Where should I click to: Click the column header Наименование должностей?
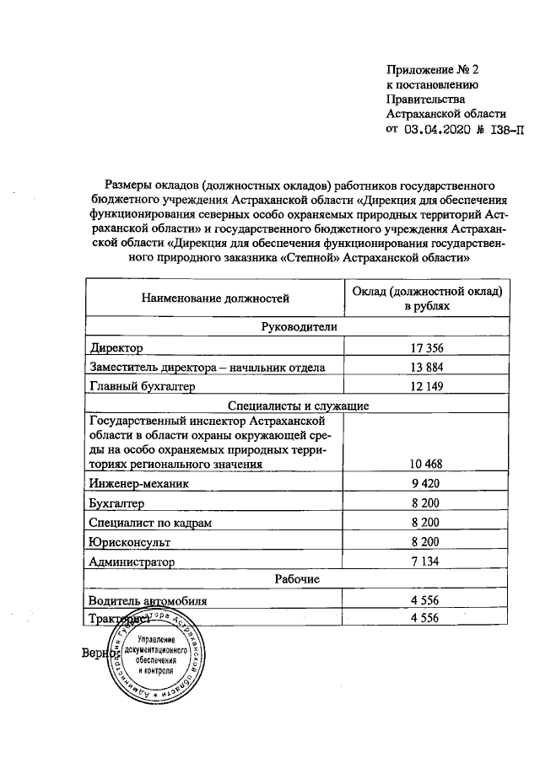click(215, 298)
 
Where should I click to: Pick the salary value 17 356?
click(425, 347)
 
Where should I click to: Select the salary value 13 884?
click(425, 367)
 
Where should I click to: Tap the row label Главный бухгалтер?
click(142, 386)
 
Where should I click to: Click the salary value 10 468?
click(425, 464)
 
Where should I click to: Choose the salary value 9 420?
click(425, 483)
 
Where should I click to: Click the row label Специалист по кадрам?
click(150, 523)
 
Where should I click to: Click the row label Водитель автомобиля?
click(148, 600)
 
